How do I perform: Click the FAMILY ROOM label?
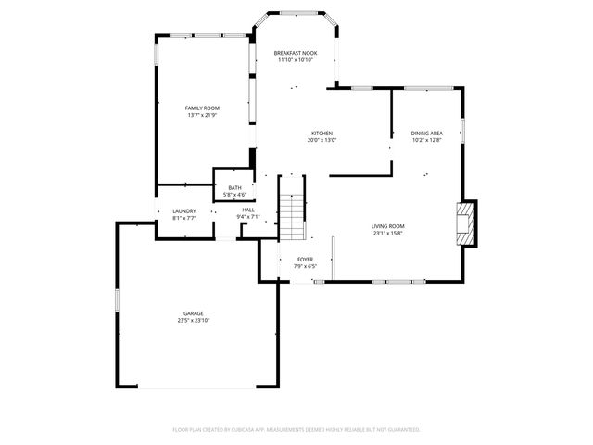[x=201, y=108]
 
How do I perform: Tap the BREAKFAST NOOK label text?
[x=295, y=53]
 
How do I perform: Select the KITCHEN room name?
[x=322, y=133]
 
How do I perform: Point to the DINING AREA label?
[x=426, y=133]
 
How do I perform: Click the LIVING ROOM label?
[x=388, y=226]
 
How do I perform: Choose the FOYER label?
[x=304, y=260]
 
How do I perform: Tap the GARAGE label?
[x=193, y=313]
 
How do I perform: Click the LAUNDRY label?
[x=184, y=210]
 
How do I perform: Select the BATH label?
[x=234, y=188]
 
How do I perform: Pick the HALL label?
[x=248, y=210]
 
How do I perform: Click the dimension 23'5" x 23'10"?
[x=193, y=321]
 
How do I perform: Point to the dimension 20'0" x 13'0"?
[x=322, y=140]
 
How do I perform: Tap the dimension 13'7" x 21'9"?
[x=201, y=116]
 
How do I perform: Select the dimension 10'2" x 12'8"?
[x=426, y=140]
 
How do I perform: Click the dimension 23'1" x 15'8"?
[x=388, y=234]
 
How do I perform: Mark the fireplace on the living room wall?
[x=465, y=223]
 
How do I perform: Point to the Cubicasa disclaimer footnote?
[x=296, y=429]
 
